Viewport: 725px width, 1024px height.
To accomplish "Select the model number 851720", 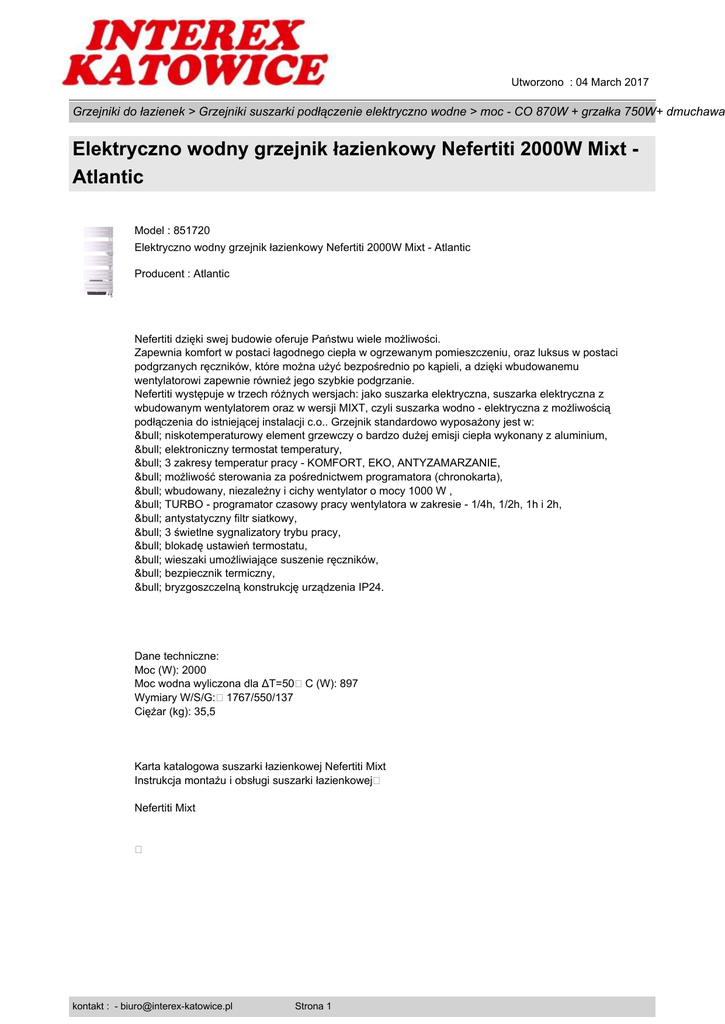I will (x=192, y=230).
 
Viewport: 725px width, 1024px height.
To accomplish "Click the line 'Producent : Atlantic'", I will (x=182, y=274).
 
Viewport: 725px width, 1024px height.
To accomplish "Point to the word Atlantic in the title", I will (x=108, y=178).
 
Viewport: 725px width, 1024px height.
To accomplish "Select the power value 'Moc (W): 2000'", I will (x=170, y=670).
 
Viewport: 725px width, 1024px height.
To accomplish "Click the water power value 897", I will (x=349, y=684).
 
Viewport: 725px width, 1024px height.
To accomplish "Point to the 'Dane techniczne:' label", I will (x=176, y=656).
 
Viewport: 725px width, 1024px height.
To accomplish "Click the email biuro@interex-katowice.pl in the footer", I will (x=176, y=1006).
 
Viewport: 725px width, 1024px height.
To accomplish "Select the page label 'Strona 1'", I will (x=313, y=1006).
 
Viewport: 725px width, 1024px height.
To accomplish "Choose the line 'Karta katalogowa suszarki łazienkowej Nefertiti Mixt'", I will (x=260, y=766).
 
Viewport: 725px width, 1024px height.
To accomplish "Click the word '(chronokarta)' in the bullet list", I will (x=455, y=477).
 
